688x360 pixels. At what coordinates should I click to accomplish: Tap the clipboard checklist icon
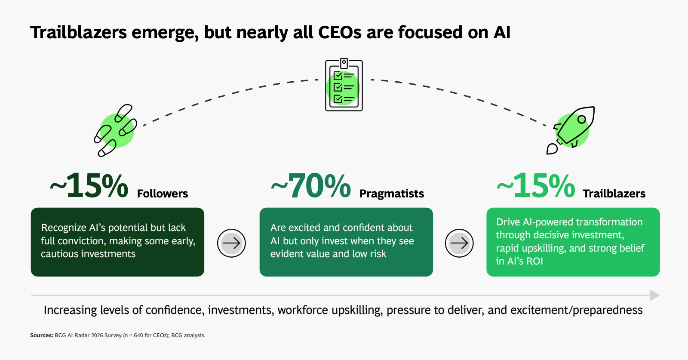pyautogui.click(x=344, y=85)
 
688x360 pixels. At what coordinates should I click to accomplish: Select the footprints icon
pyautogui.click(x=116, y=131)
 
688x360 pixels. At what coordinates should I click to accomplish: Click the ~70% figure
pyautogui.click(x=310, y=186)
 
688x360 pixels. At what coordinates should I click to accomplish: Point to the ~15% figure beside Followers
pyautogui.click(x=89, y=186)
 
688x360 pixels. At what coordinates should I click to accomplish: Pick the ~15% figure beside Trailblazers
pyautogui.click(x=536, y=186)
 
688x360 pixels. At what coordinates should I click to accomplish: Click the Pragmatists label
pyautogui.click(x=392, y=194)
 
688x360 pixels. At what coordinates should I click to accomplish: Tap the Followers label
pyautogui.click(x=163, y=194)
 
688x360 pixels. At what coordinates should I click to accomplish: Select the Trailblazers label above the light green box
pyautogui.click(x=614, y=194)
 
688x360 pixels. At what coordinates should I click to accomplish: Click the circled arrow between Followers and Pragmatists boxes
pyautogui.click(x=232, y=243)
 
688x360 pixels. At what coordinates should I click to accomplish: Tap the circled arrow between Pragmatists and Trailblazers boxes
pyautogui.click(x=459, y=243)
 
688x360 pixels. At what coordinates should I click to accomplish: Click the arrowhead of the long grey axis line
pyautogui.click(x=655, y=295)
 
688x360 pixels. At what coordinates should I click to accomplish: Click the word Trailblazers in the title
pyautogui.click(x=78, y=32)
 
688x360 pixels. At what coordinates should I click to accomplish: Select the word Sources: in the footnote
pyautogui.click(x=41, y=335)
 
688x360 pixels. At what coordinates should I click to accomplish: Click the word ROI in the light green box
pyautogui.click(x=535, y=261)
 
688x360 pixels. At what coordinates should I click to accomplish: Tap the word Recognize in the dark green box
pyautogui.click(x=64, y=228)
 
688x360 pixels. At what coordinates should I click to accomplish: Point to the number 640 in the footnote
pyautogui.click(x=138, y=335)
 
